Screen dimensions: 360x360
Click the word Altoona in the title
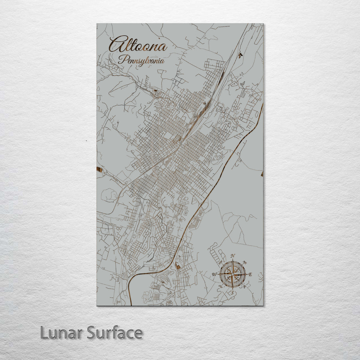pos(138,45)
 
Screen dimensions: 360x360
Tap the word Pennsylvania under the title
pos(141,60)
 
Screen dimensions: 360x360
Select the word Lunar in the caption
pos(62,333)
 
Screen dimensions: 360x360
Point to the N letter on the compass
pos(233,256)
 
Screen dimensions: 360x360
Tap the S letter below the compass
pos(232,293)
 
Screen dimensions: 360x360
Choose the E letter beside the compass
pos(250,275)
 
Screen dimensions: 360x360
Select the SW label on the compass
pos(220,287)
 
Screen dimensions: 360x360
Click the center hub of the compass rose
pos(233,274)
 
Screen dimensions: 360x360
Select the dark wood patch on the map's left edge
pos(99,170)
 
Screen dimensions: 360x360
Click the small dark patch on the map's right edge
pos(262,174)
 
